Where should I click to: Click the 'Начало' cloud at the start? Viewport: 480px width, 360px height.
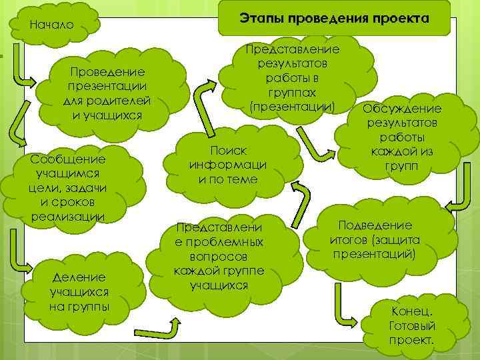tap(51, 26)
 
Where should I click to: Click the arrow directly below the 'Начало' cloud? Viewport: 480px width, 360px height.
tap(20, 69)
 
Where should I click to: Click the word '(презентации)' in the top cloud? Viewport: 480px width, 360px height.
tap(291, 106)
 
